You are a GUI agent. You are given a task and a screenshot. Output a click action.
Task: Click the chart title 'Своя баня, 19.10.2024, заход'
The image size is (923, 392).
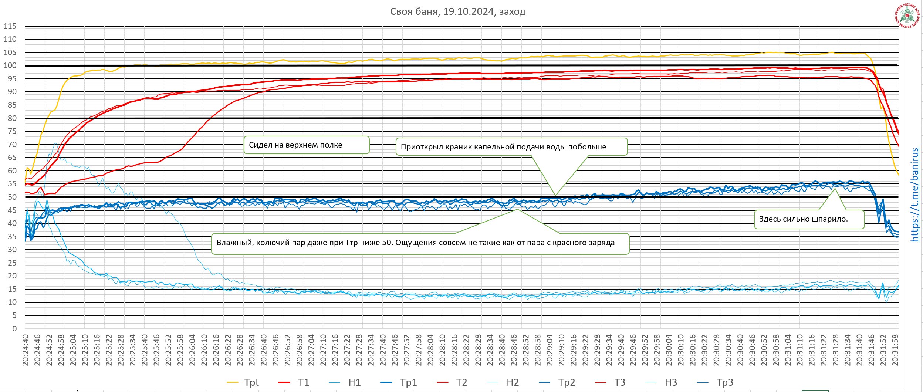coord(458,11)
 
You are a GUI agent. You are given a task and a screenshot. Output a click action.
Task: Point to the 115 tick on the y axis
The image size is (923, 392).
coord(10,26)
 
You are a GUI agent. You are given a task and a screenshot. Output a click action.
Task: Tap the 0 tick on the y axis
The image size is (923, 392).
coord(14,329)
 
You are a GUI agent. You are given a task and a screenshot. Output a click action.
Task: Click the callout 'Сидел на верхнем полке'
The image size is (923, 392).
coord(295,145)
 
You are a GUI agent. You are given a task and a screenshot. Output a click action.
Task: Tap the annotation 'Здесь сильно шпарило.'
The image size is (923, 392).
coord(803,219)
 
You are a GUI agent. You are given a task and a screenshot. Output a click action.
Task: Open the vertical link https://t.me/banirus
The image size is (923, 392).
coord(915,195)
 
